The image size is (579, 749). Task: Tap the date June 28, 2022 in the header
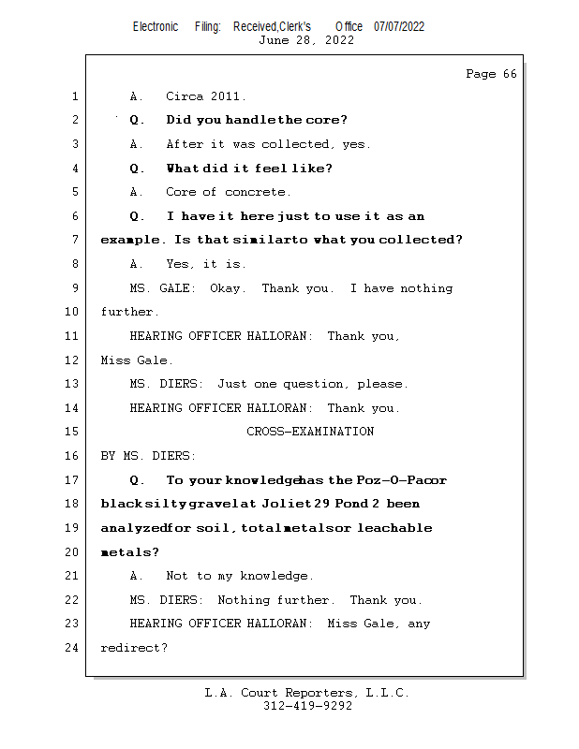coord(306,40)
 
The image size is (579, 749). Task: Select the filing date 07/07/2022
coord(399,26)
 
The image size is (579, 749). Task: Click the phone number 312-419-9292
coord(306,706)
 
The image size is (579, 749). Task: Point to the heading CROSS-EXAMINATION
coord(310,432)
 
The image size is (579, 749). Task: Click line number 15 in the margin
coord(74,432)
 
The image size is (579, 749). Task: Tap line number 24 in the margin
coord(74,647)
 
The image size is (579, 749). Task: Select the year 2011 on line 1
coord(229,96)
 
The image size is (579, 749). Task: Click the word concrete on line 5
coord(258,192)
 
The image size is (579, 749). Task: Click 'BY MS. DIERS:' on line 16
coord(148,456)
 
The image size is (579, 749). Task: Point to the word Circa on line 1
coord(185,96)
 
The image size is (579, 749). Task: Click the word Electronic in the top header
coord(156,26)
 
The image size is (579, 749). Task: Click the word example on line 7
coord(130,241)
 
